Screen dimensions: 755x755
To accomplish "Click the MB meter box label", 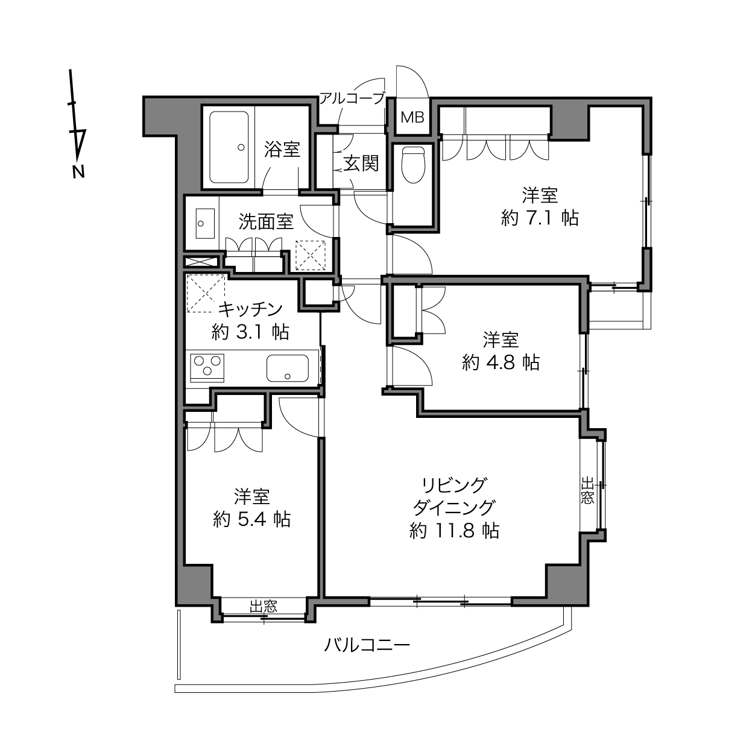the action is coord(412,117).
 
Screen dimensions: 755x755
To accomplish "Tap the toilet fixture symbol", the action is coord(413,165).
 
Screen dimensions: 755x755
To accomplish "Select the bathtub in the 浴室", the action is coord(229,147).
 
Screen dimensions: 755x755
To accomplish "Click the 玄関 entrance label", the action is coord(361,163).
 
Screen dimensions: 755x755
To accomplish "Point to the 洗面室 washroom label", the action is coord(267,222).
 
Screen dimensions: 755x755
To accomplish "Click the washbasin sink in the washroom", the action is coord(205,223).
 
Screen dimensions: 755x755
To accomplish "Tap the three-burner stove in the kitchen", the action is coord(207,367).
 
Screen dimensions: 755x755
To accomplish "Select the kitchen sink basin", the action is coord(288,368).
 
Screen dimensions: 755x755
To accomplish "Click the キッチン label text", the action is coord(250,310).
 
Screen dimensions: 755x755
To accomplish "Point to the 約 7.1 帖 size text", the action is coord(540,218).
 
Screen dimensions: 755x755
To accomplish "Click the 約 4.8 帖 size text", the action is coord(501,362).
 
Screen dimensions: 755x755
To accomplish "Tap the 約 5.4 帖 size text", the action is coord(252,520).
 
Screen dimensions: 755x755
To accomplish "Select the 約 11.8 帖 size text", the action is coord(455,531).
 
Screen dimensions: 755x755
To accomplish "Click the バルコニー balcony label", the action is coord(367,645).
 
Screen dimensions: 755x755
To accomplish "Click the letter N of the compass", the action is coord(78,172).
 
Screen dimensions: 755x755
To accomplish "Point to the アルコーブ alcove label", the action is coord(352,98).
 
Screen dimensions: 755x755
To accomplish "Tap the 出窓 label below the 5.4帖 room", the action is coord(264,606).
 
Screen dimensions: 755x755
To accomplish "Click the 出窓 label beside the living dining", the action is coord(587,490).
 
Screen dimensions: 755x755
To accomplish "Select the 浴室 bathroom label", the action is coord(282,150).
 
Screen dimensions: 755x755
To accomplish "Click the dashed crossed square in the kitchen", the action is coord(206,294).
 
